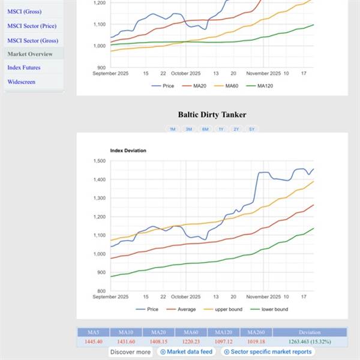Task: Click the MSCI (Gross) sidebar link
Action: [24, 11]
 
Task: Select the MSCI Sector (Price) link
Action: [32, 26]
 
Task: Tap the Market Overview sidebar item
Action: [30, 54]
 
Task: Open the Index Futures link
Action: [24, 68]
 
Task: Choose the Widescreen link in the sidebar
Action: [22, 82]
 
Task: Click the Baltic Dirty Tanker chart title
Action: [212, 115]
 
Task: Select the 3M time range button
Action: [188, 130]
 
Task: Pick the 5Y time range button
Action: [252, 130]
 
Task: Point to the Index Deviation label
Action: [128, 150]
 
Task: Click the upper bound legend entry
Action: [227, 309]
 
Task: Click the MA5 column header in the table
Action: [93, 332]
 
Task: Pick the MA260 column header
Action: [256, 332]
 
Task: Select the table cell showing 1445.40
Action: [93, 341]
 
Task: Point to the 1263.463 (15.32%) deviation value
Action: [310, 341]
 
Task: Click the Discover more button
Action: [131, 352]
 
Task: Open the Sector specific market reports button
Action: [267, 352]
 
